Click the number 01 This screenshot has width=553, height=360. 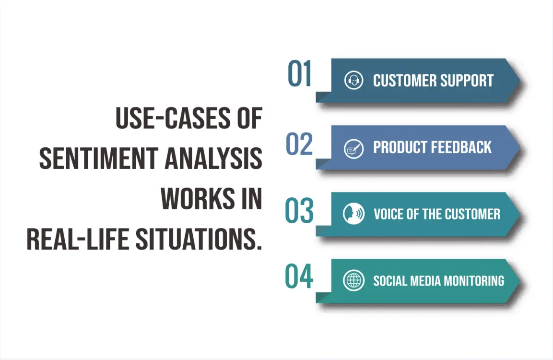coord(300,74)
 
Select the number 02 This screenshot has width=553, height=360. coord(299,144)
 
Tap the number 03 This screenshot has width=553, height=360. coord(299,211)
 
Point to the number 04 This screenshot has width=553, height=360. coord(299,277)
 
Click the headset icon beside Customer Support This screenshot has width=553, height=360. coord(353,80)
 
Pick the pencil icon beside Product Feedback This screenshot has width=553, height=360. coord(353,148)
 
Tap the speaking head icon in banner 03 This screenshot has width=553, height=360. coord(353,214)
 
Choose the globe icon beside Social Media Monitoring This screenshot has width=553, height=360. coord(353,281)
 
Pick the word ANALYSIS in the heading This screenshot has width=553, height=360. coord(213,158)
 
